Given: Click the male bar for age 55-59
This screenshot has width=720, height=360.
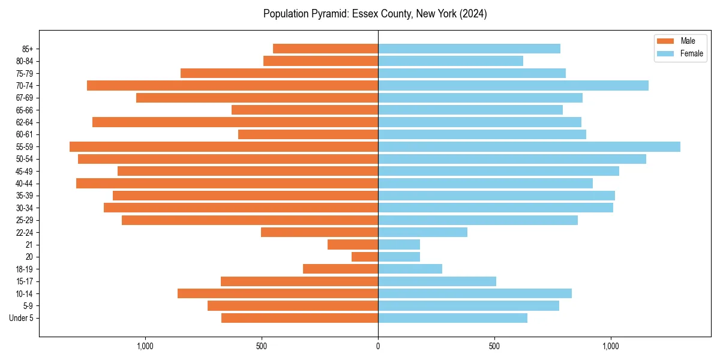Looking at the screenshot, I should point(224,146).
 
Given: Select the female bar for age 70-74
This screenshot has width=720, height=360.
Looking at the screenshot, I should point(513,85).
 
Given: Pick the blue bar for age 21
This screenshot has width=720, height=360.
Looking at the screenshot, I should point(399,245).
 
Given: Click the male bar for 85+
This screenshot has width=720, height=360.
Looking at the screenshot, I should point(325,49).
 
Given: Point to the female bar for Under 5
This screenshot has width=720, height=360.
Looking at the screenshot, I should point(452,318).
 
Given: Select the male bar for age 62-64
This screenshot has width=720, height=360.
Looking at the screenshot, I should point(235,122).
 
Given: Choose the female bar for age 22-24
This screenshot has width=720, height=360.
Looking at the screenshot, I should point(422,232).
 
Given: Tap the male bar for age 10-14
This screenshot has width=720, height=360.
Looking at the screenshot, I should point(278,293).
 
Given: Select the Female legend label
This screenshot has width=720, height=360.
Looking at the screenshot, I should point(691,53).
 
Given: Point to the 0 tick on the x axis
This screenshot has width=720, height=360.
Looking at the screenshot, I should point(378,346).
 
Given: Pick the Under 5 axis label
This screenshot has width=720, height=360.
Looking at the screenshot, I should point(21,318).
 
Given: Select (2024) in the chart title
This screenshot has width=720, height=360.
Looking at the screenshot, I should point(472,14).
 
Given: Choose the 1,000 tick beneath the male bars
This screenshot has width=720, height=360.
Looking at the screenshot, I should point(145,346).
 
